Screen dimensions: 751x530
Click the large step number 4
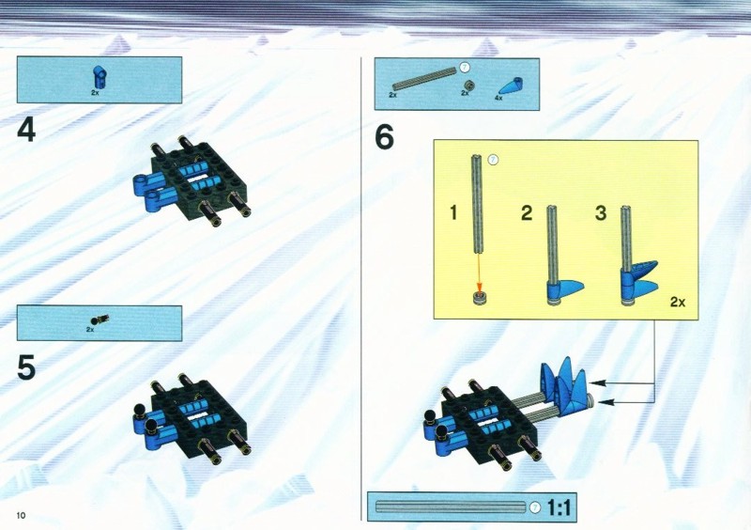tap(26, 130)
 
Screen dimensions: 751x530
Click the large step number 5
tap(26, 367)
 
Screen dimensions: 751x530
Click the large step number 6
tap(384, 136)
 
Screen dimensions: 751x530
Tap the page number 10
tap(21, 516)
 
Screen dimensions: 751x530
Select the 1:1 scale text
tap(559, 507)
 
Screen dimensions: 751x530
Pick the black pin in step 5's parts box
tap(100, 320)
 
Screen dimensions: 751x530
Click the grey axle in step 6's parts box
tap(424, 79)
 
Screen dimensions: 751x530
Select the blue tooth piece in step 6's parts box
tap(511, 86)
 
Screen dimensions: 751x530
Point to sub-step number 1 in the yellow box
tap(453, 212)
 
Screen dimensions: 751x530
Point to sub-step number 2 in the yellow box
tap(527, 213)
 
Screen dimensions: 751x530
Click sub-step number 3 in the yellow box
tap(601, 213)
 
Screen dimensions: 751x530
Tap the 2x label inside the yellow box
tap(678, 302)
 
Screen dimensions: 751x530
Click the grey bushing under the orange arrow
tap(479, 298)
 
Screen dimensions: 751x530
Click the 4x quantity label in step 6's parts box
tap(498, 98)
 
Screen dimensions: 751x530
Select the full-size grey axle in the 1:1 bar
tap(452, 507)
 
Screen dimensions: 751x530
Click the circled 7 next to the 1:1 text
tap(535, 507)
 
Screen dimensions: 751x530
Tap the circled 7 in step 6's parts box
tap(464, 67)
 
